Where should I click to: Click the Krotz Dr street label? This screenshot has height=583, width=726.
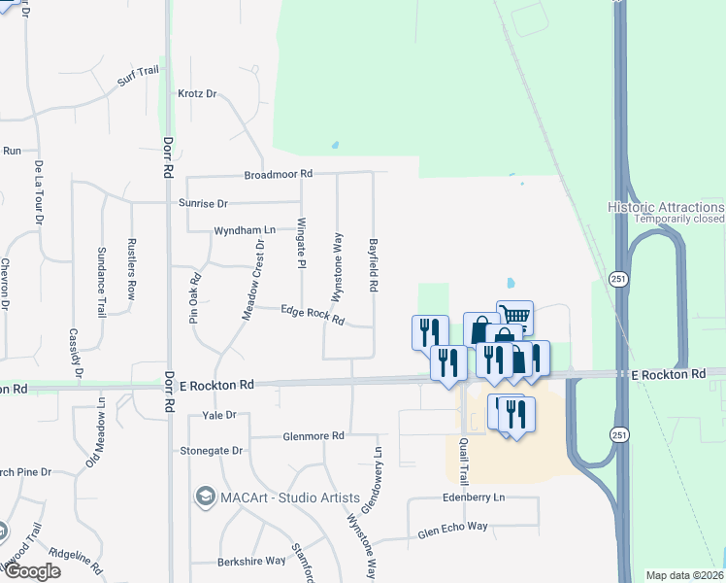click(197, 94)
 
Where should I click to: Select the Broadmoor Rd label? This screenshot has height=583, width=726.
click(279, 174)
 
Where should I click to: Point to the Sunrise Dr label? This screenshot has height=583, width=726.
click(202, 204)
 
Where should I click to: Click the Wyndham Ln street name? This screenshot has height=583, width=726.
click(245, 230)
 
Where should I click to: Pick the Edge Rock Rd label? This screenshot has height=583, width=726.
click(313, 314)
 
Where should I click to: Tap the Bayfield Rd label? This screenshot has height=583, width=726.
click(373, 266)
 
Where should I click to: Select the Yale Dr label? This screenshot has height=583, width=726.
click(219, 415)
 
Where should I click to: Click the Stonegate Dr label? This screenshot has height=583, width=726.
click(211, 451)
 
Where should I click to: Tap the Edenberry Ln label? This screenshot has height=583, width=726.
click(473, 497)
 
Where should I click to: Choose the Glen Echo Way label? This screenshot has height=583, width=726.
click(452, 529)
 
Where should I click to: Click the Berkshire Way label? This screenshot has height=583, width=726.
click(250, 561)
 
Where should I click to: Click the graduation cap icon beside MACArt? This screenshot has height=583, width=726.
click(205, 497)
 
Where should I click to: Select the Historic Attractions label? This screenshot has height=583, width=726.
click(666, 207)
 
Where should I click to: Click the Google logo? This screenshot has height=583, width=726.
click(31, 571)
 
